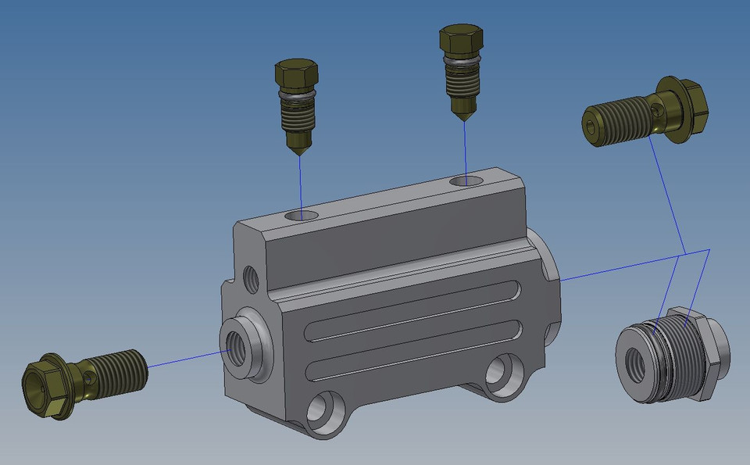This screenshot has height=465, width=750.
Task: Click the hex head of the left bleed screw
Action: click(x=296, y=75)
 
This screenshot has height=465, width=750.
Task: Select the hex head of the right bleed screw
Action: click(x=462, y=41)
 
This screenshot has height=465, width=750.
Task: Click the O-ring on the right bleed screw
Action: click(x=462, y=59)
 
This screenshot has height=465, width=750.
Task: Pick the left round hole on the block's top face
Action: click(x=302, y=214)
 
